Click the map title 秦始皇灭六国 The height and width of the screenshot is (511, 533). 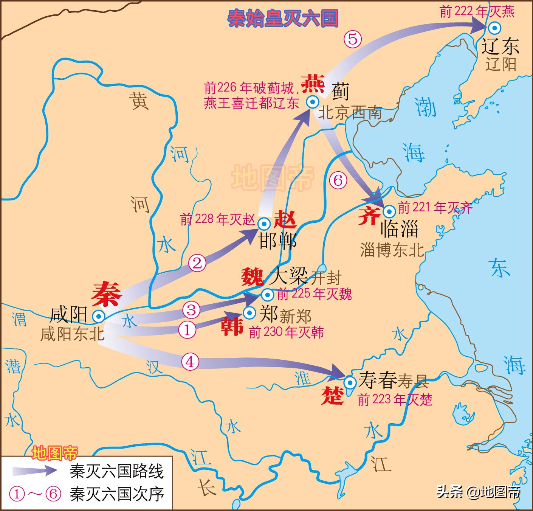click(283, 18)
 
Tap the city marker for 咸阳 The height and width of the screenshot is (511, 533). click(99, 316)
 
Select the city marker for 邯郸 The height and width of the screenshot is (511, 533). click(264, 224)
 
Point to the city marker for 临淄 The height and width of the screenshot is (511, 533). click(389, 211)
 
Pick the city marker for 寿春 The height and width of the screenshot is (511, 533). click(350, 382)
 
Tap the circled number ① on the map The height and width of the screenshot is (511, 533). click(187, 330)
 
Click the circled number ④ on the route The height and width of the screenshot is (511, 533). click(190, 362)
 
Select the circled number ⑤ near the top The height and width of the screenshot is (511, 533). click(352, 39)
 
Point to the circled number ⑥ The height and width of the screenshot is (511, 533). click(338, 180)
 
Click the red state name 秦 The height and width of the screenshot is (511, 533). click(106, 294)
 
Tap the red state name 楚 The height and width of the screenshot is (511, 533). click(333, 396)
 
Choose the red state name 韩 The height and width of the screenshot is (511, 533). click(232, 326)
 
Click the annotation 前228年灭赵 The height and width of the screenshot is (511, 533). click(217, 219)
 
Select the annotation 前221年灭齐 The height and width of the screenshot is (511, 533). click(435, 208)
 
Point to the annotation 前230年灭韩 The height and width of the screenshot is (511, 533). click(286, 332)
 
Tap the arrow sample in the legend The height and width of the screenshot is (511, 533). click(35, 470)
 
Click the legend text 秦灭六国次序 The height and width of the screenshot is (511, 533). click(116, 494)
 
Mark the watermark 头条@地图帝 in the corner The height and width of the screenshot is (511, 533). click(479, 492)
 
